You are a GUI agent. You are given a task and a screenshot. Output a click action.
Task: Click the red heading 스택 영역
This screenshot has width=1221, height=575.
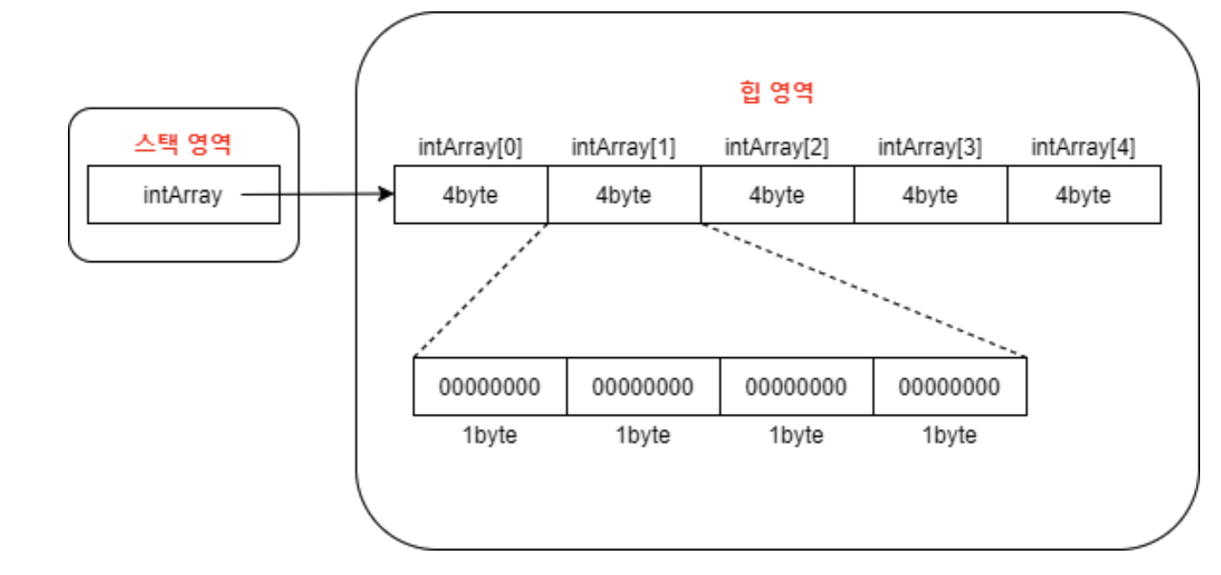[183, 144]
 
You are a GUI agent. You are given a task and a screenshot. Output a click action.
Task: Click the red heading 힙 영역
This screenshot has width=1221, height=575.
[777, 92]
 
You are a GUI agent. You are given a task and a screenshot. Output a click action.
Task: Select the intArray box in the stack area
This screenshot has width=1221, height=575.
[183, 195]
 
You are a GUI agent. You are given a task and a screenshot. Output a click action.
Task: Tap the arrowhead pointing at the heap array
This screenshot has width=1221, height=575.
[386, 195]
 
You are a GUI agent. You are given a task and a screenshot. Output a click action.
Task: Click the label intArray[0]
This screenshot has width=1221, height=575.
[470, 147]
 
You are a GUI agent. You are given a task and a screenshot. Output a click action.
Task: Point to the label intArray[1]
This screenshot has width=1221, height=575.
[624, 147]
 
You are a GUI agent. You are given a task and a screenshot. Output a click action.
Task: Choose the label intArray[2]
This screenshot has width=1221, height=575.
[777, 147]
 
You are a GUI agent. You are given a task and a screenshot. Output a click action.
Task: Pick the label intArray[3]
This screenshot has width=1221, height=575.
[930, 147]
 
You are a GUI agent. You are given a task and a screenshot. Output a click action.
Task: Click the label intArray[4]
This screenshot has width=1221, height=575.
[1083, 147]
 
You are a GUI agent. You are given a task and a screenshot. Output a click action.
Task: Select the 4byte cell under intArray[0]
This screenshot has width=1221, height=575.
[470, 195]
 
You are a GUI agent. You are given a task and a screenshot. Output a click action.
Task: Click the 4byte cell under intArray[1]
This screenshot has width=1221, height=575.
[624, 195]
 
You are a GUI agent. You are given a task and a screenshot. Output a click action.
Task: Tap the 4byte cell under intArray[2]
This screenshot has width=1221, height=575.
[777, 195]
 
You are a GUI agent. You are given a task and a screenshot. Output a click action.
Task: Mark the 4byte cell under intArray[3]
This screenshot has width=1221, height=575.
[930, 195]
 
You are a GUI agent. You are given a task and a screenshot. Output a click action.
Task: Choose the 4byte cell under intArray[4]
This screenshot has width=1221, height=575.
[1083, 195]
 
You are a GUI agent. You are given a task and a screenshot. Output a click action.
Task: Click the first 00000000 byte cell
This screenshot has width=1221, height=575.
[489, 386]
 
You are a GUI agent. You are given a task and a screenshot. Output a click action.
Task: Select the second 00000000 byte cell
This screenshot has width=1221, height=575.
[643, 386]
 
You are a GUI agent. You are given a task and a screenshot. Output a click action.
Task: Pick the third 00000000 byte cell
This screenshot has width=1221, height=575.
[796, 386]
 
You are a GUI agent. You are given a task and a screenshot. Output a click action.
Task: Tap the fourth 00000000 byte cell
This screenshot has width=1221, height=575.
[949, 386]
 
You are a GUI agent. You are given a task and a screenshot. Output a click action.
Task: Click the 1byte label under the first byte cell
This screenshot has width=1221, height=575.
[489, 435]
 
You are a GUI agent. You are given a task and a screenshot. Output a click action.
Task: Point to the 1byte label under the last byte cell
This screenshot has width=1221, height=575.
[949, 435]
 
